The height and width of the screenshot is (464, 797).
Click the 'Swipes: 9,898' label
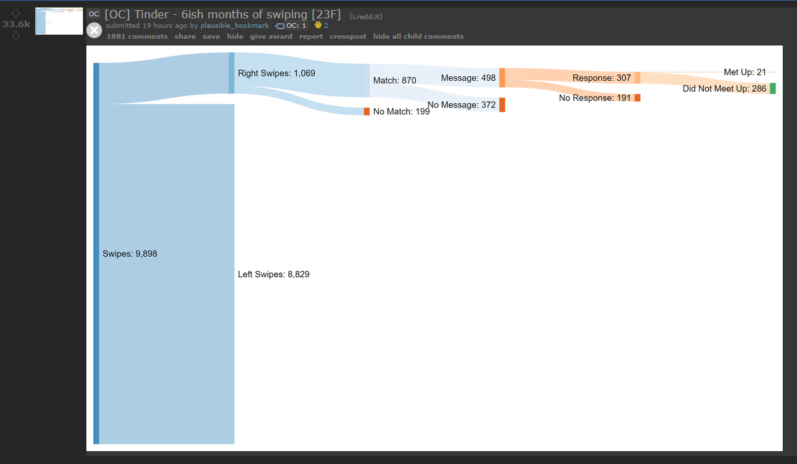click(130, 254)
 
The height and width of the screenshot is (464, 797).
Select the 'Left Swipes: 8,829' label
click(273, 274)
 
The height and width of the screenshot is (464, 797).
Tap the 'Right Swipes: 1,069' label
click(277, 73)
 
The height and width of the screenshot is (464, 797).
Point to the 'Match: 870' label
click(394, 80)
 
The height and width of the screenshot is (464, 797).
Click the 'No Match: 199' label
click(401, 111)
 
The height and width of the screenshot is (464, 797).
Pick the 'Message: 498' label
click(468, 77)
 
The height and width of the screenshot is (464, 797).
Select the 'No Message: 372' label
click(462, 105)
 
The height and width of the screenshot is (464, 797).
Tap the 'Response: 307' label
click(602, 77)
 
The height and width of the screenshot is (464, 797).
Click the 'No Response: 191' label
click(595, 97)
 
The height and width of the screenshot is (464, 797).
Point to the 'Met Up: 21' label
click(745, 72)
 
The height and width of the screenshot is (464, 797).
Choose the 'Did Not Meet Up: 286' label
click(724, 88)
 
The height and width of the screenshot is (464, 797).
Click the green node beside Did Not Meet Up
click(773, 88)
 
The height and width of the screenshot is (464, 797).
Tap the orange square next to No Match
click(367, 111)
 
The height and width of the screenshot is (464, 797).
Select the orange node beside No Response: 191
click(637, 97)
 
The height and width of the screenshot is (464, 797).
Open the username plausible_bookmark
click(235, 25)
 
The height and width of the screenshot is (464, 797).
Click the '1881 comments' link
click(137, 37)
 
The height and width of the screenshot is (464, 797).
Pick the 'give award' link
click(271, 37)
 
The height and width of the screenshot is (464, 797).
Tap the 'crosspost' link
click(347, 37)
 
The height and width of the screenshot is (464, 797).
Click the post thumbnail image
click(59, 21)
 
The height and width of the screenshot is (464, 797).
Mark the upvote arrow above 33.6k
click(16, 13)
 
